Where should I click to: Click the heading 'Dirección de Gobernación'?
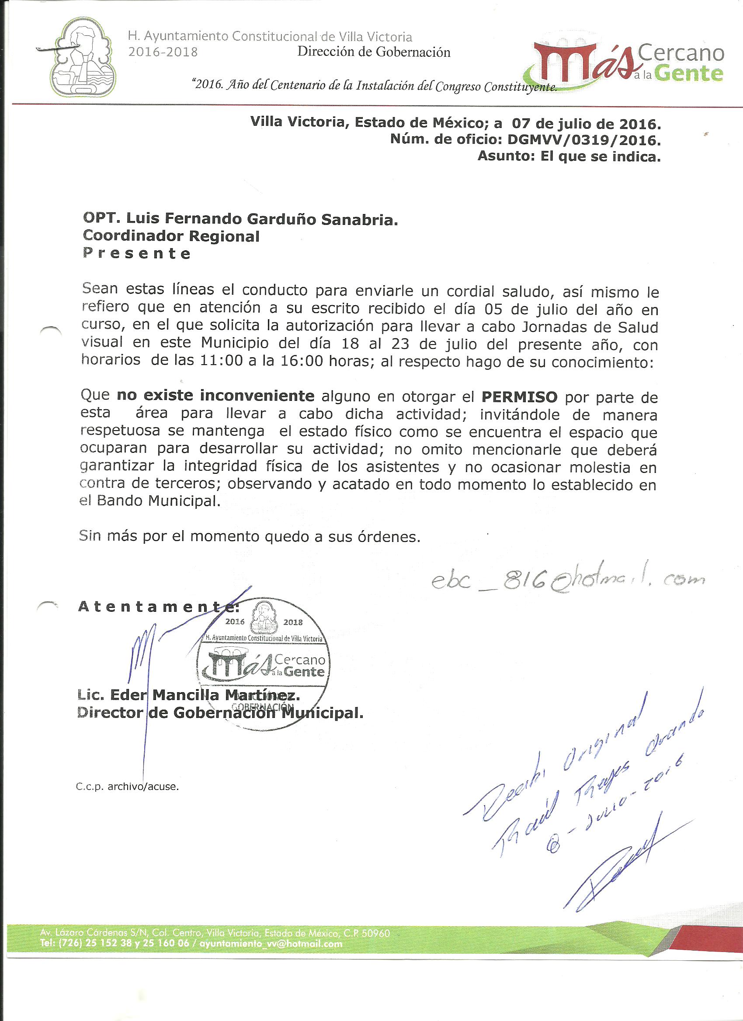coord(374,52)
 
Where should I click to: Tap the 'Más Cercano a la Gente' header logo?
coord(628,63)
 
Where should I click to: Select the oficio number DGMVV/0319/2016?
coord(584,140)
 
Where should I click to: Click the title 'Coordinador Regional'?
coord(171,236)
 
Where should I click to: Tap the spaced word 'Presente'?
coord(136,253)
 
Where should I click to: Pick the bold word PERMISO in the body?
coord(520,397)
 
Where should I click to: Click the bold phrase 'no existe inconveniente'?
coord(215,396)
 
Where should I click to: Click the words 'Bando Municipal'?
coord(158,501)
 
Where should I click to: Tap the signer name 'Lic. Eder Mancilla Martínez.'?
coord(188,696)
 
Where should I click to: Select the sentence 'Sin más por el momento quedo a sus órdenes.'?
coord(250,536)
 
